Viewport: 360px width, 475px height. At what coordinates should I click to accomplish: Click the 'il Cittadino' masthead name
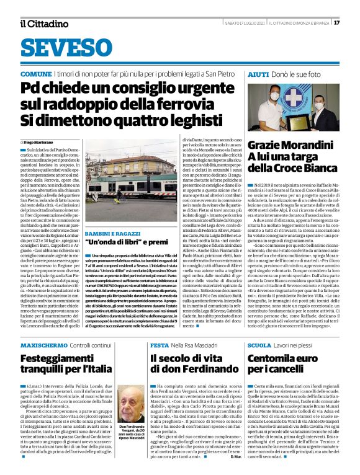(x=43, y=23)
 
